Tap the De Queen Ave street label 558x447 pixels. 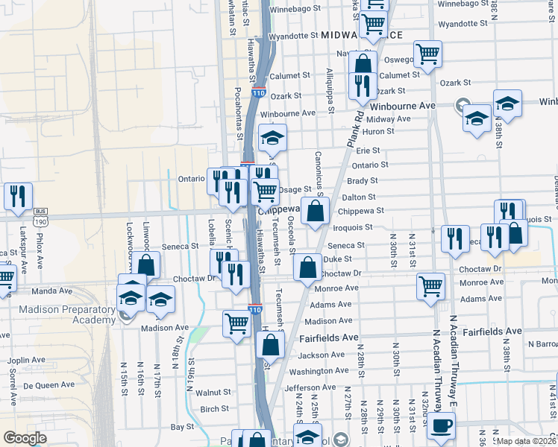(48, 385)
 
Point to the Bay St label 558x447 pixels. (182, 427)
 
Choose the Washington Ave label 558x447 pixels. (319, 370)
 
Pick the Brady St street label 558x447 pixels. (363, 180)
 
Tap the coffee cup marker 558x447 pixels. (440, 425)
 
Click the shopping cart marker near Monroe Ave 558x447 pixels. (430, 286)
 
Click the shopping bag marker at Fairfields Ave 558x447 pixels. (271, 345)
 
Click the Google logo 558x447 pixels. (25, 438)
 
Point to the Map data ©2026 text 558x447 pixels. (527, 440)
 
